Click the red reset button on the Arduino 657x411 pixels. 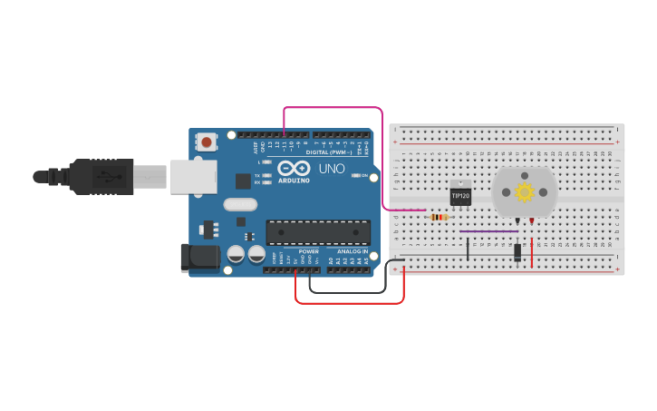[208, 142]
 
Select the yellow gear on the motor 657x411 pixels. [524, 191]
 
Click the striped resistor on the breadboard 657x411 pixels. [440, 217]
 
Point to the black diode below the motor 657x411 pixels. [517, 252]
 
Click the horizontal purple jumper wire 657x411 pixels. [488, 230]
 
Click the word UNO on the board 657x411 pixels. [331, 168]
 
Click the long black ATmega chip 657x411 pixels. [317, 232]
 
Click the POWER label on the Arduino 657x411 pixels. [308, 251]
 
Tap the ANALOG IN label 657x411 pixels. [353, 251]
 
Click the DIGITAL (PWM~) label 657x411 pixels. [330, 152]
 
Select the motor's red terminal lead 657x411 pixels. [531, 221]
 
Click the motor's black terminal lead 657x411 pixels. [517, 221]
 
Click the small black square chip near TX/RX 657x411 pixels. [243, 181]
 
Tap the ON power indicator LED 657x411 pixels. [356, 175]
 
